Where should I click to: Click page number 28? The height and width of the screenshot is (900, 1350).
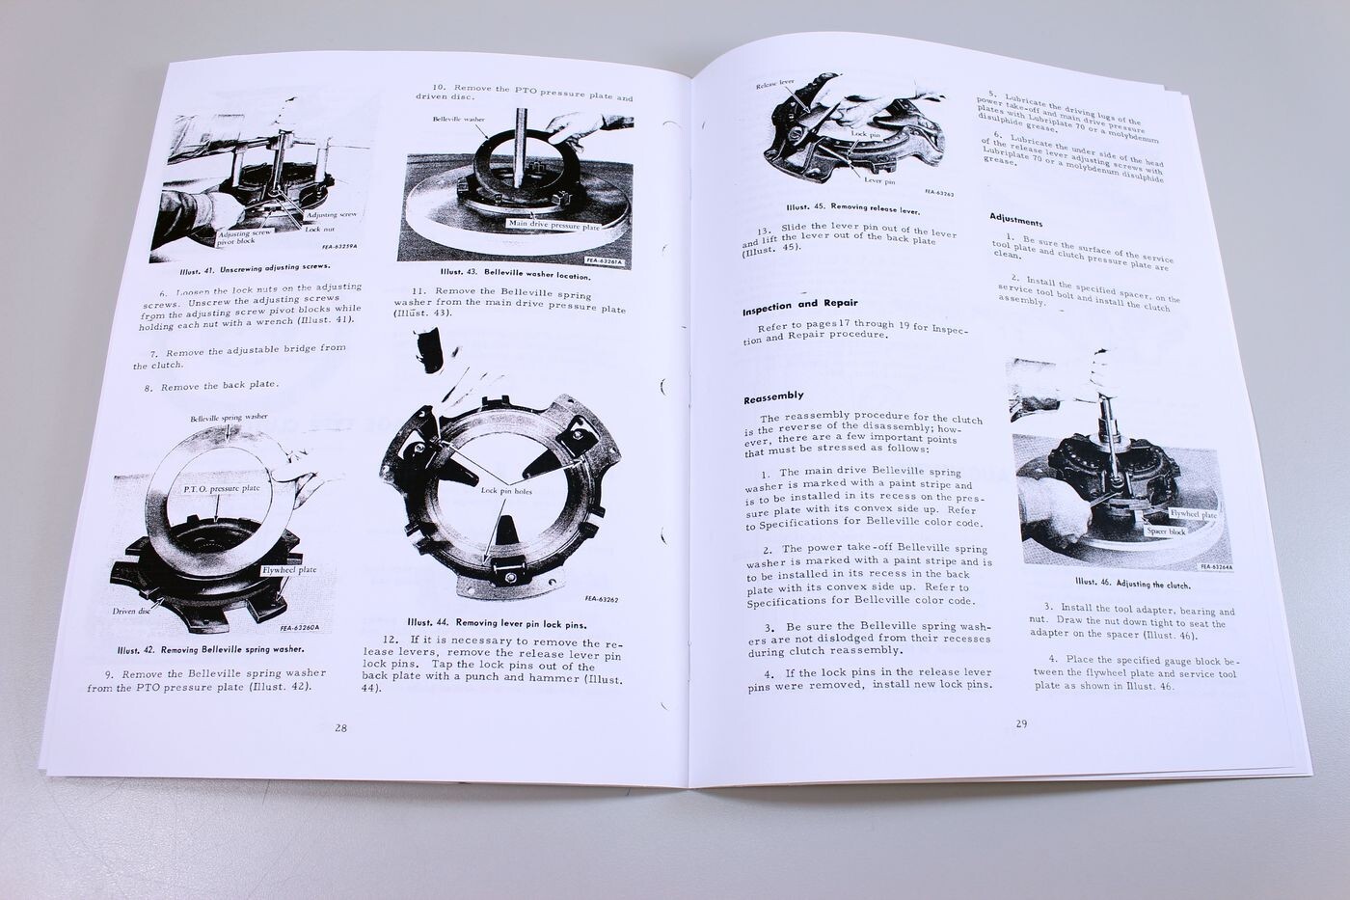pos(340,728)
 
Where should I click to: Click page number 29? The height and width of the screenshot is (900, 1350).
pos(1022,723)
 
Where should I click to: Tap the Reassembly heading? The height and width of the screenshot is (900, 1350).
pos(773,397)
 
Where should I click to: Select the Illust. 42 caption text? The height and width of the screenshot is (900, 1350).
pos(208,649)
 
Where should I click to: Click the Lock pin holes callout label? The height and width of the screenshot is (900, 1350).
pos(501,490)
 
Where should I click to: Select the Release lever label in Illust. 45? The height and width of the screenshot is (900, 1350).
pos(775,84)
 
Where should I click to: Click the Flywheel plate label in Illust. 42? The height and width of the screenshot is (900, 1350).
pos(289,570)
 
